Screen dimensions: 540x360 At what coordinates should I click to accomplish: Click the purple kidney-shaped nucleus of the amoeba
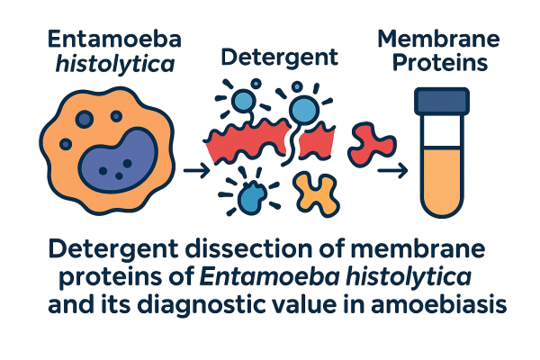click(118, 159)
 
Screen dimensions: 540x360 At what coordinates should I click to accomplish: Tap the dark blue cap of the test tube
click(442, 102)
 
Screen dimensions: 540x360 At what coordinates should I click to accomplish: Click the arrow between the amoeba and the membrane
click(196, 170)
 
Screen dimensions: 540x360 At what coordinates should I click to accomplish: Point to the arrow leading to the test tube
click(392, 170)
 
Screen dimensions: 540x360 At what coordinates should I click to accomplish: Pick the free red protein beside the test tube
click(372, 145)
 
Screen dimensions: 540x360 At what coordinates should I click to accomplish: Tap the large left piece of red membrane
click(248, 140)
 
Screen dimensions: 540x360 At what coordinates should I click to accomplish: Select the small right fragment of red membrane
click(317, 142)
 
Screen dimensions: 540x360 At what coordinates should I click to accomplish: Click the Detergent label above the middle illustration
click(279, 58)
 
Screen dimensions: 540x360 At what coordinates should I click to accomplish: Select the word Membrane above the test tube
click(438, 39)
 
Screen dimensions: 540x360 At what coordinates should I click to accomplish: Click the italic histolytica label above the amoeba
click(114, 65)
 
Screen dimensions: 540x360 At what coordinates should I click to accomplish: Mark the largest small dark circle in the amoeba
click(85, 119)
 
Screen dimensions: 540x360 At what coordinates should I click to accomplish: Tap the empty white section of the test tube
click(442, 131)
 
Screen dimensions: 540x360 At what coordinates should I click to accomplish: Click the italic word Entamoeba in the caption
click(269, 276)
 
